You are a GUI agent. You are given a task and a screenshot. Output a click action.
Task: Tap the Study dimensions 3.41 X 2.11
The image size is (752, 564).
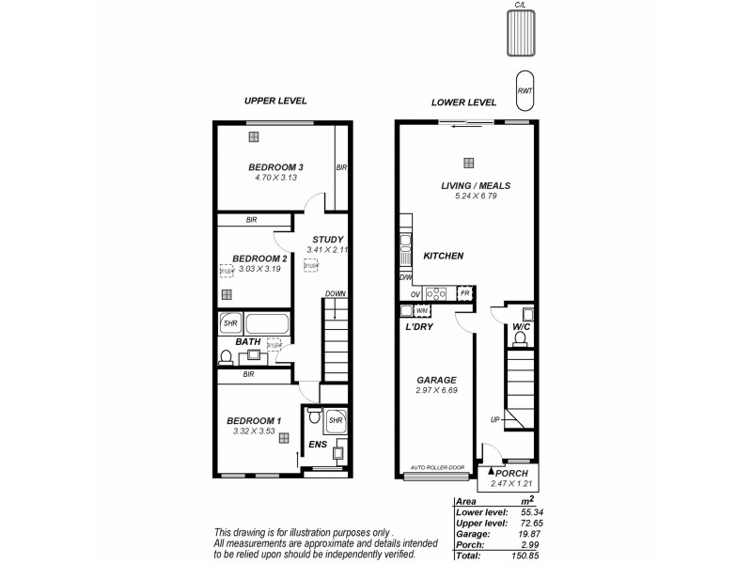[328, 250]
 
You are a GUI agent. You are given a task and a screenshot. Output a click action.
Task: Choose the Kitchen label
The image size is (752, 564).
[443, 256]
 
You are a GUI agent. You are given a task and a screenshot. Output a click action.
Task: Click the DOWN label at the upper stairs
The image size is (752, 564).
[336, 294]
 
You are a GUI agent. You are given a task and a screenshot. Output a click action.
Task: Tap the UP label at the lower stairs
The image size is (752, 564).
[494, 420]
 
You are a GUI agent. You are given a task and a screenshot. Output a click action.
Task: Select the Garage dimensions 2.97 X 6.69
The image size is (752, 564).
[435, 392]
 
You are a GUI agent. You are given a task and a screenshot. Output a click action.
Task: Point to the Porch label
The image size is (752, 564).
[510, 473]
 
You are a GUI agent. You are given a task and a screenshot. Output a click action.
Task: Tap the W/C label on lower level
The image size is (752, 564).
[522, 327]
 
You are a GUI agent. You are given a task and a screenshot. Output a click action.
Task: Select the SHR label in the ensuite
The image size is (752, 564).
[336, 420]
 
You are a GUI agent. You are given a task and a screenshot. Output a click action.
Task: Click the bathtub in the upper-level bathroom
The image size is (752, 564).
[268, 324]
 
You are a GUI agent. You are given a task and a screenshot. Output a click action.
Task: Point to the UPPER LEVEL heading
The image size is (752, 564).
[275, 101]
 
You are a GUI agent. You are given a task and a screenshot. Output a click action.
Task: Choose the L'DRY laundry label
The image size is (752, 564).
[418, 327]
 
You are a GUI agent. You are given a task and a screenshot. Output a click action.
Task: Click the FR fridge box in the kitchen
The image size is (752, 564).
[463, 293]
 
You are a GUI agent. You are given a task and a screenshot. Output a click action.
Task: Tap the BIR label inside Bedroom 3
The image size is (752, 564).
[342, 167]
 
